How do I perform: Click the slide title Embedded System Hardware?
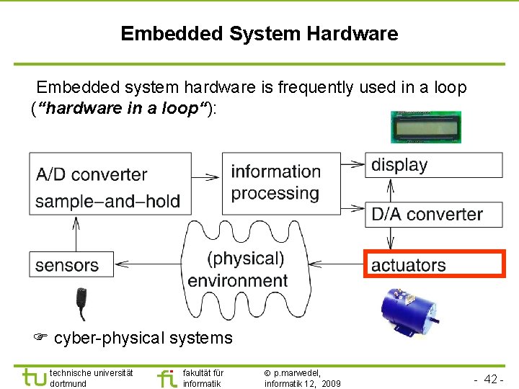coord(259,34)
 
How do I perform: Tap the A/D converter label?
coord(91,174)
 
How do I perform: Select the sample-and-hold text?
coord(107,201)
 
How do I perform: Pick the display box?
coord(433,165)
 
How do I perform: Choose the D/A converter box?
coord(433,214)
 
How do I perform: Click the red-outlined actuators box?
coord(434,264)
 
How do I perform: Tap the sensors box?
coord(71,264)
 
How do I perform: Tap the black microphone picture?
coord(83,303)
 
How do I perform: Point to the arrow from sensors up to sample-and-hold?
coord(75,233)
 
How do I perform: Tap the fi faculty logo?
coord(166,377)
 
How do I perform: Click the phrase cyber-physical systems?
coord(143,338)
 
